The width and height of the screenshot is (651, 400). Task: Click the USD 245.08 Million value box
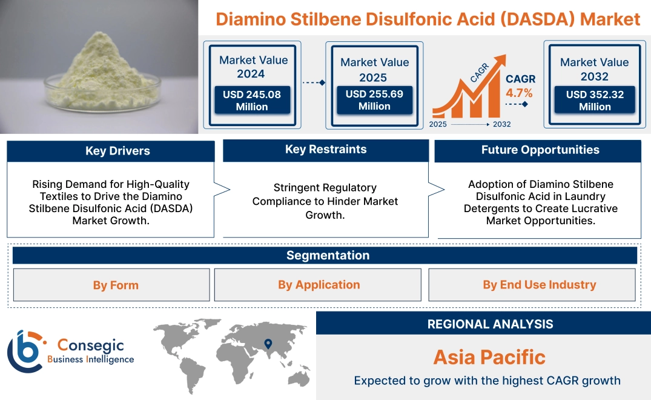[251, 101]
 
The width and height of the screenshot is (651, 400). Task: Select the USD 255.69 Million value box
[374, 100]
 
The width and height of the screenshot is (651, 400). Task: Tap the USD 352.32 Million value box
[594, 101]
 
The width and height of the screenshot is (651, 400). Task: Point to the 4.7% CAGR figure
[520, 93]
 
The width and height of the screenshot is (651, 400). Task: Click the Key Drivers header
[111, 151]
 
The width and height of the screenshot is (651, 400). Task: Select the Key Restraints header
[326, 150]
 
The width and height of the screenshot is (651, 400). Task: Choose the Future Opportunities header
[538, 150]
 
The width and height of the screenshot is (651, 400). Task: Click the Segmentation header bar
[325, 255]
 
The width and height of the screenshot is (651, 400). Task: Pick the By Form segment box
[111, 285]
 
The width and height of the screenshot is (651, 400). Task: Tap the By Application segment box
[318, 285]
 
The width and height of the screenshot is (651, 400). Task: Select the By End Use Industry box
[532, 285]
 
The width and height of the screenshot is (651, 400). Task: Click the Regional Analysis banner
[483, 324]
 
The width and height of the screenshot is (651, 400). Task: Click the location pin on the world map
[267, 344]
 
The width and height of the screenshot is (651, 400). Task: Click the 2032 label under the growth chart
[501, 124]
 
